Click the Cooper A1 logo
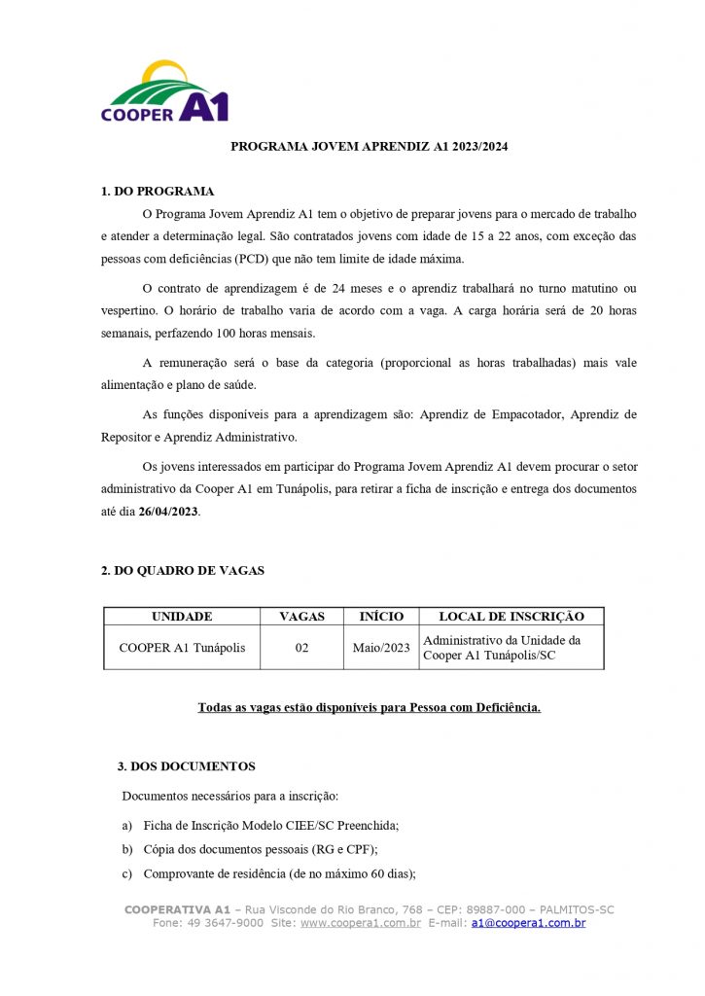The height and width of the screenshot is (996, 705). pyautogui.click(x=164, y=93)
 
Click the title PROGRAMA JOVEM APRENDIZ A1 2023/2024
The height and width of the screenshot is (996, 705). pyautogui.click(x=370, y=147)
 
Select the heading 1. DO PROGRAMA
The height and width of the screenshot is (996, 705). pyautogui.click(x=158, y=192)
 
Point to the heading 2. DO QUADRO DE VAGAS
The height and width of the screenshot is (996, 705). pyautogui.click(x=183, y=571)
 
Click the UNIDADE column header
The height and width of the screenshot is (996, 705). pyautogui.click(x=182, y=617)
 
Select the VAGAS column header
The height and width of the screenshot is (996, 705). pyautogui.click(x=301, y=617)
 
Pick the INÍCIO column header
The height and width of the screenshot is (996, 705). pyautogui.click(x=381, y=617)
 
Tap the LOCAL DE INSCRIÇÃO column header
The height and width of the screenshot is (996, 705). pyautogui.click(x=511, y=617)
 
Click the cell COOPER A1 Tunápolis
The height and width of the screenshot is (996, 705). pyautogui.click(x=182, y=648)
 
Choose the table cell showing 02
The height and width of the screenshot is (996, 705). pyautogui.click(x=301, y=648)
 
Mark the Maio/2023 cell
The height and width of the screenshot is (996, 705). pyautogui.click(x=381, y=648)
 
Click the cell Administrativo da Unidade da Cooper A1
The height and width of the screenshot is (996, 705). pyautogui.click(x=502, y=648)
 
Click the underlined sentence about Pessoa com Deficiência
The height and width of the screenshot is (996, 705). pyautogui.click(x=370, y=707)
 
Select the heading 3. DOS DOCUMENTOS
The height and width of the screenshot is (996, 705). pyautogui.click(x=187, y=766)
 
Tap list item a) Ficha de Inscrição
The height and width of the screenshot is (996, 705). pyautogui.click(x=261, y=825)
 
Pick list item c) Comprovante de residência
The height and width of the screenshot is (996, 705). pyautogui.click(x=269, y=873)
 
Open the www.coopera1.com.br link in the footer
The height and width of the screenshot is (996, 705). pyautogui.click(x=361, y=923)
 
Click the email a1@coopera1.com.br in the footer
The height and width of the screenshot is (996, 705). pyautogui.click(x=528, y=923)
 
